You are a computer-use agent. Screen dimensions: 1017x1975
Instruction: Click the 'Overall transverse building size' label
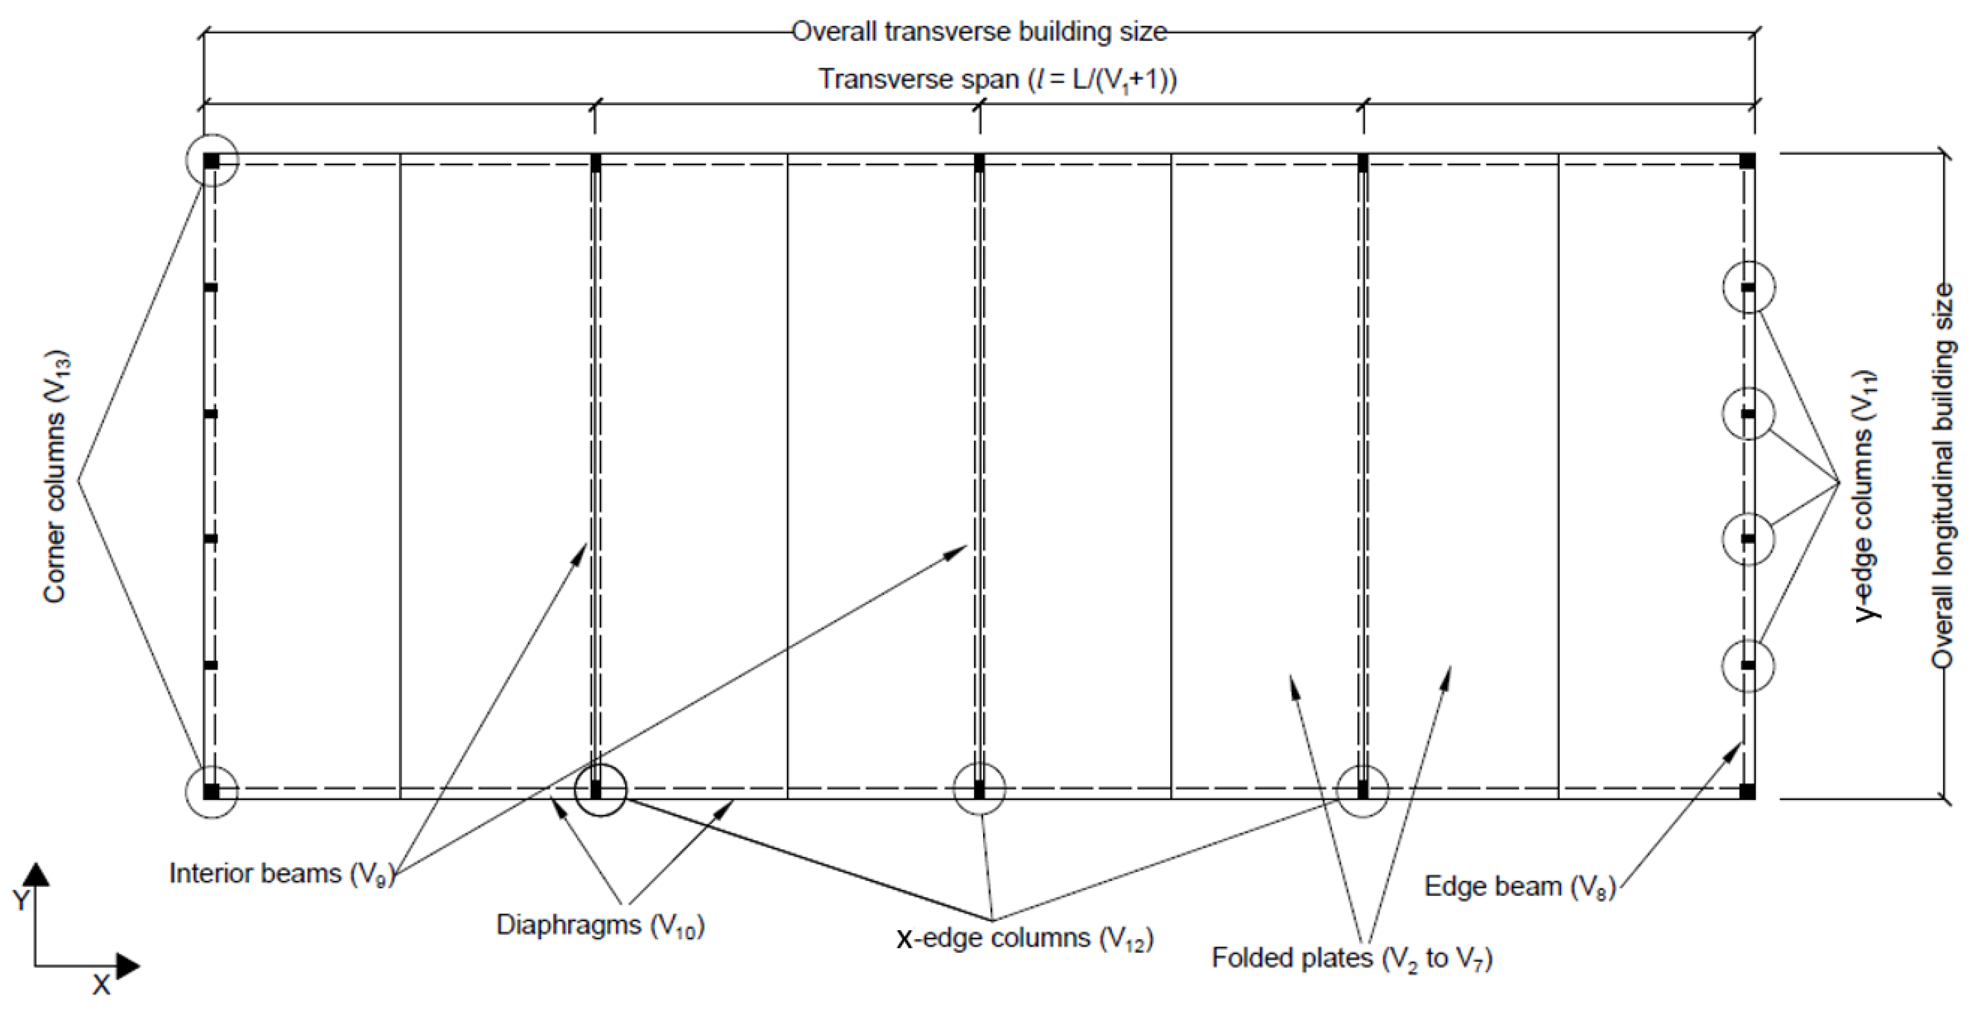(x=979, y=32)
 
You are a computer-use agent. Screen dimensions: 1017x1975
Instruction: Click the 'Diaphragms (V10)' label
(x=600, y=926)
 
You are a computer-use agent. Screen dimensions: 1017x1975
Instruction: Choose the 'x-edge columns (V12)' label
(x=1025, y=938)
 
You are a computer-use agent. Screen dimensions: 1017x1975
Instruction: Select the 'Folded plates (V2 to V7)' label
(x=1352, y=959)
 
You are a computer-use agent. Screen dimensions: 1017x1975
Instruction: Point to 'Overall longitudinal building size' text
(x=1941, y=475)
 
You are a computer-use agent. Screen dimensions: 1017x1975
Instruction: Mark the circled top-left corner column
(x=212, y=161)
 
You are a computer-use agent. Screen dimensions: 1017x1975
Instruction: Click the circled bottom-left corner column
(x=212, y=792)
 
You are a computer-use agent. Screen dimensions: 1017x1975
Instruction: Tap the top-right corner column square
(x=1747, y=161)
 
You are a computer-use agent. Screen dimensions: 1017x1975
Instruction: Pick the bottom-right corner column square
(x=1747, y=792)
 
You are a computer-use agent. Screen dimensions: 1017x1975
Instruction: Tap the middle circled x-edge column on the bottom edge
(x=979, y=788)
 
